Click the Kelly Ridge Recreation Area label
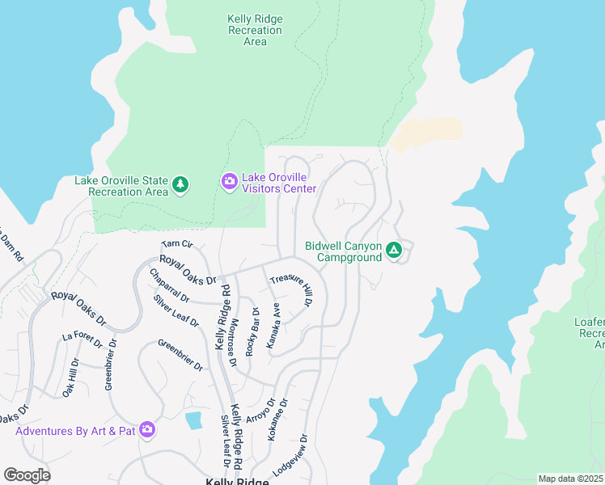click(255, 30)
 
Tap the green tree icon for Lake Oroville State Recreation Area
click(181, 186)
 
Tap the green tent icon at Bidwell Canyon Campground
click(394, 251)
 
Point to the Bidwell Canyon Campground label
click(343, 252)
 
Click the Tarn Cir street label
click(177, 243)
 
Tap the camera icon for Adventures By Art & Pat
click(147, 429)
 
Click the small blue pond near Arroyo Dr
click(193, 420)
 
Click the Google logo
click(27, 475)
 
